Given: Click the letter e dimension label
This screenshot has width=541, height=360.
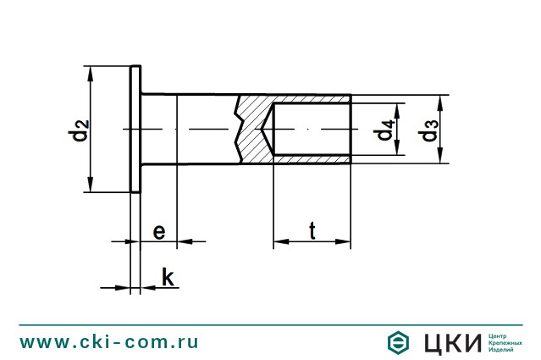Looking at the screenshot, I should (157, 230).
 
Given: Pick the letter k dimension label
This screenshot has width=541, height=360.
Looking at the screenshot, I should (167, 276).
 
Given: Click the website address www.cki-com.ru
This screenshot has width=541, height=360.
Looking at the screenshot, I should (109, 341).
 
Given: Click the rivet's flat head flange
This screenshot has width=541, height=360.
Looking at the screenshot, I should (135, 130).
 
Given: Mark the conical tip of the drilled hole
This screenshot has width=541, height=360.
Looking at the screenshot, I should (268, 130).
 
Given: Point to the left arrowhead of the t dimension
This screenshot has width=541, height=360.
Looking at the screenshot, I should (278, 242).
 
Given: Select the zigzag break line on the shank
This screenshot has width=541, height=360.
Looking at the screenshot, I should (241, 129).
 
